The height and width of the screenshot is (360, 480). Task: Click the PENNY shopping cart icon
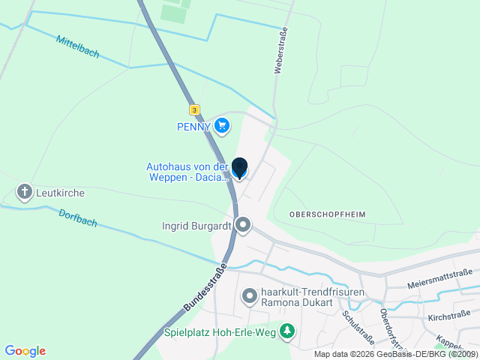click(221, 126)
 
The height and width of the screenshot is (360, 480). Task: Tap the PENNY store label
click(193, 126)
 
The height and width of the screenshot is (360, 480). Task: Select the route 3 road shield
click(195, 109)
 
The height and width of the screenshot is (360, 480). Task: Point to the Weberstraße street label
click(283, 50)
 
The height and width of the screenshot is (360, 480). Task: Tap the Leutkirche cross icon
click(24, 193)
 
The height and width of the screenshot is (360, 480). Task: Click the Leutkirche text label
click(60, 193)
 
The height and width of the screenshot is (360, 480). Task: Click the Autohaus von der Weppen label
click(187, 172)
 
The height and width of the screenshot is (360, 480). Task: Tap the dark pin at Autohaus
click(239, 168)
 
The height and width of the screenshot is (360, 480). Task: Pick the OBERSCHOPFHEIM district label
click(326, 214)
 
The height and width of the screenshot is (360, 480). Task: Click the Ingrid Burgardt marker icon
click(243, 225)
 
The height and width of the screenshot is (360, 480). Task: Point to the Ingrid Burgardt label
click(196, 225)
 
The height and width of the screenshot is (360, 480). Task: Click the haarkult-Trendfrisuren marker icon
click(249, 298)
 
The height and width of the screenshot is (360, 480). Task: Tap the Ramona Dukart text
click(292, 304)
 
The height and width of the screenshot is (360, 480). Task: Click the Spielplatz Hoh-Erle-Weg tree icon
click(286, 330)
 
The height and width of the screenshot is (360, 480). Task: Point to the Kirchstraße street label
click(448, 318)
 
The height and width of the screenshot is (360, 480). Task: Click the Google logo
click(25, 351)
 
